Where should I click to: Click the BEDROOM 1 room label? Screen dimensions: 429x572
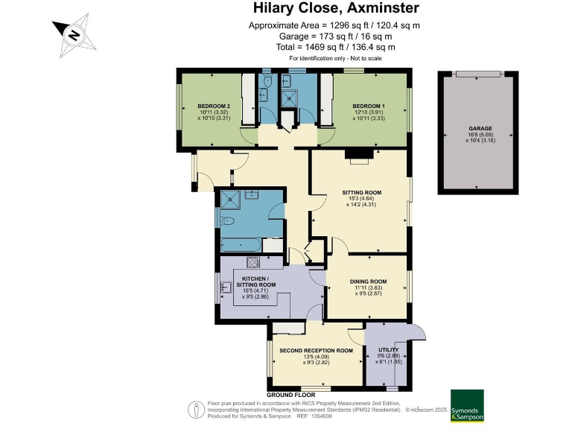coord(369,106)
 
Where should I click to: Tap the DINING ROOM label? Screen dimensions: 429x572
coord(368,282)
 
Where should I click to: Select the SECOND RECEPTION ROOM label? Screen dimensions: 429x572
coord(316,350)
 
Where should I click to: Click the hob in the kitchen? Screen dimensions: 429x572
coord(252,263)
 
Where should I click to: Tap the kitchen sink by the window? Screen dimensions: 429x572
coord(226,287)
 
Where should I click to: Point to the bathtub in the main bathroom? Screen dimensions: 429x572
coord(239,244)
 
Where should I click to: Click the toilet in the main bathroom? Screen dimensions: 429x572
coord(227,220)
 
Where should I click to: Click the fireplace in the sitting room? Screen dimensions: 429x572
coord(360,155)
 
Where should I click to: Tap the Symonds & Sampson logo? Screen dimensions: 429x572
coord(467,406)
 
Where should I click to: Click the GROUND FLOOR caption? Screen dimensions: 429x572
coord(290,394)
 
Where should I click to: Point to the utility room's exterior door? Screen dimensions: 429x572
coord(419,333)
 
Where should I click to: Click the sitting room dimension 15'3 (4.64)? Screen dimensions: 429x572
coord(361,199)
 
